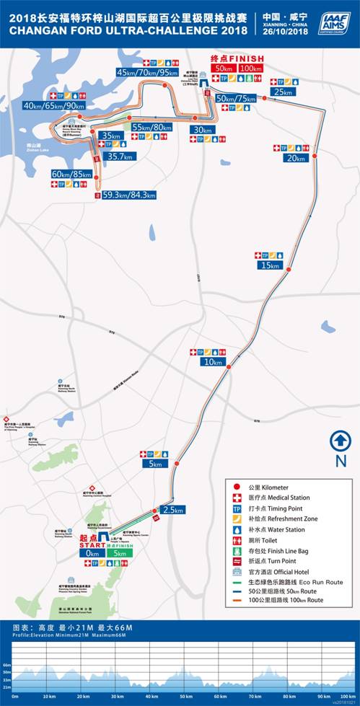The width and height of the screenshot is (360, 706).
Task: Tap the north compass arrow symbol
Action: pos(341,440)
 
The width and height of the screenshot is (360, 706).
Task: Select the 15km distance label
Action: pos(268,265)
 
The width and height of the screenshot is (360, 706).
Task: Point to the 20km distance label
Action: pos(297,158)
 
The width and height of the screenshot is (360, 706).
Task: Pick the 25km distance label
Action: pos(284,92)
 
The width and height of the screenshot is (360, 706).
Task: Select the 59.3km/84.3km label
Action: pos(129,194)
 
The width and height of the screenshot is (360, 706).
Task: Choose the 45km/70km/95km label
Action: pos(148,72)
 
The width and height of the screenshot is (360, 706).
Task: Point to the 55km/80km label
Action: pos(152,127)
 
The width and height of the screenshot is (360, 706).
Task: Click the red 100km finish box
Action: pos(250,68)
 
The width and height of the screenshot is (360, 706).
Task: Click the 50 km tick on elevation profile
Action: pos(185,697)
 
